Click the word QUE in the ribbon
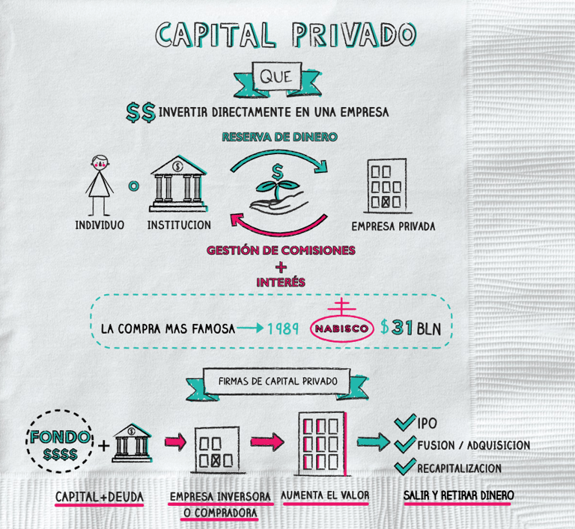(x=276, y=77)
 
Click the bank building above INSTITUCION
(x=178, y=183)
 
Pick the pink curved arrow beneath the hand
(x=279, y=222)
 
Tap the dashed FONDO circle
(x=61, y=444)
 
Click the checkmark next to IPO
(x=405, y=423)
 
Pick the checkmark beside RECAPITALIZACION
(x=405, y=466)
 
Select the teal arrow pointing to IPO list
(x=373, y=443)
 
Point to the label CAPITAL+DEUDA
(x=100, y=496)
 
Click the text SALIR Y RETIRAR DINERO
(x=458, y=495)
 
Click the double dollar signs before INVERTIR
(x=141, y=113)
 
